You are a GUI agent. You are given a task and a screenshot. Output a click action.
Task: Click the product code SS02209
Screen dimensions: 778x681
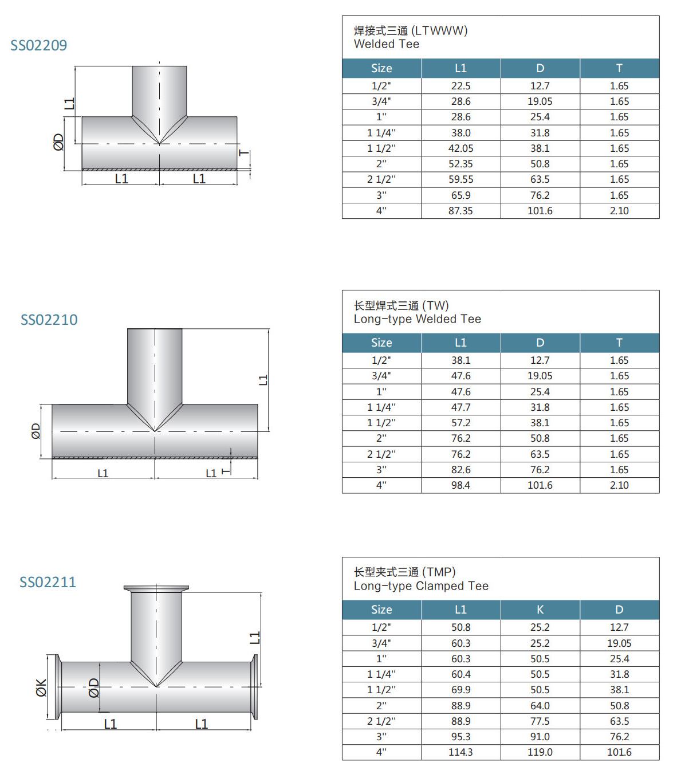pyautogui.click(x=39, y=45)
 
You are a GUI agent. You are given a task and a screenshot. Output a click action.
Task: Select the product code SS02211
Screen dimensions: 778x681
pyautogui.click(x=48, y=582)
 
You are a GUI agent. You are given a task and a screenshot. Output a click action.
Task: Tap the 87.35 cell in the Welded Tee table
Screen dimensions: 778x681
pyautogui.click(x=460, y=211)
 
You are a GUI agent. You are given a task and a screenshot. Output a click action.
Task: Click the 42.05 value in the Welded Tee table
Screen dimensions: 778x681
pyautogui.click(x=460, y=148)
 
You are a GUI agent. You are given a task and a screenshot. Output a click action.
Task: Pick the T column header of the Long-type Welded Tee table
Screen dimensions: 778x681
pyautogui.click(x=619, y=343)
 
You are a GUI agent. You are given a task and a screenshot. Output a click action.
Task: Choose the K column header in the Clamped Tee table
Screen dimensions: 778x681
pyautogui.click(x=540, y=610)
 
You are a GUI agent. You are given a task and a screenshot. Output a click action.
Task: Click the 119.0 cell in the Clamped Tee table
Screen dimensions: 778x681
pyautogui.click(x=540, y=752)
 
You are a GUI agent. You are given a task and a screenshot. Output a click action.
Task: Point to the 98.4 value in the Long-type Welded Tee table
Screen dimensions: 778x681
pyautogui.click(x=460, y=485)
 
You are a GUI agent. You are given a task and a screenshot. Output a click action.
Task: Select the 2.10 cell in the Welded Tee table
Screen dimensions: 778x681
pyautogui.click(x=619, y=211)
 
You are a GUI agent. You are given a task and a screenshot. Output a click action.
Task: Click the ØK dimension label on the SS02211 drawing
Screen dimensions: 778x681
pyautogui.click(x=41, y=687)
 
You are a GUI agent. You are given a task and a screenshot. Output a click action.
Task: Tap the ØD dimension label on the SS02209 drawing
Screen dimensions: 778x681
pyautogui.click(x=58, y=142)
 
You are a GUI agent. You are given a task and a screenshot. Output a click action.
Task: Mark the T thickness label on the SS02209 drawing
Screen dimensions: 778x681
pyautogui.click(x=245, y=153)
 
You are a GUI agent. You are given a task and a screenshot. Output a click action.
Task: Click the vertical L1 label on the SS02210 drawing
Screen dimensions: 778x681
pyautogui.click(x=263, y=380)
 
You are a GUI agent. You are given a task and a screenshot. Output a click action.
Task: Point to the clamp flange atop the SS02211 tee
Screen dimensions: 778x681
pyautogui.click(x=156, y=588)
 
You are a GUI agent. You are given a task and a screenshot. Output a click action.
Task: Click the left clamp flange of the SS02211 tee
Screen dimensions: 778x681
pyautogui.click(x=57, y=687)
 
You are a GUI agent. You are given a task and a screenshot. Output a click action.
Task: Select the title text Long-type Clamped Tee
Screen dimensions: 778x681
pyautogui.click(x=421, y=586)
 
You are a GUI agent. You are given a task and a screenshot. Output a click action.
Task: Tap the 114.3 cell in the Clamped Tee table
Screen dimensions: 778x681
pyautogui.click(x=460, y=752)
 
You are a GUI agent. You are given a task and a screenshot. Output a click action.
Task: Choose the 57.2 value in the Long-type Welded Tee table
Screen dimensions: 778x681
pyautogui.click(x=460, y=423)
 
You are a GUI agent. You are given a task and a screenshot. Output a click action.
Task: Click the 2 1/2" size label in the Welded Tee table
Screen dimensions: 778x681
pyautogui.click(x=381, y=179)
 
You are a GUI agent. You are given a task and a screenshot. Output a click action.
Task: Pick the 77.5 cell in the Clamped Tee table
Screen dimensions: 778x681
pyautogui.click(x=540, y=721)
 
